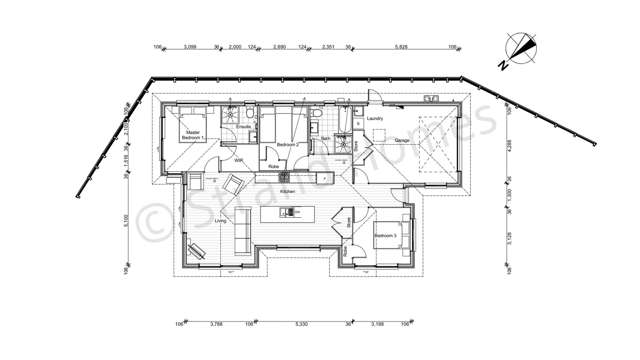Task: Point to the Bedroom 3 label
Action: point(385,236)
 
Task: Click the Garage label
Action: point(401,140)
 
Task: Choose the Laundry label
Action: point(376,118)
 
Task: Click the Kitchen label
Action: point(288,190)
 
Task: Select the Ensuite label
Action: point(243,127)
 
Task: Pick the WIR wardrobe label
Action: point(238,161)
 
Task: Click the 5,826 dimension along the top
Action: point(402,47)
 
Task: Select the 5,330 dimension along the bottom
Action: point(301,325)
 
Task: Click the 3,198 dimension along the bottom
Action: point(378,325)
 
